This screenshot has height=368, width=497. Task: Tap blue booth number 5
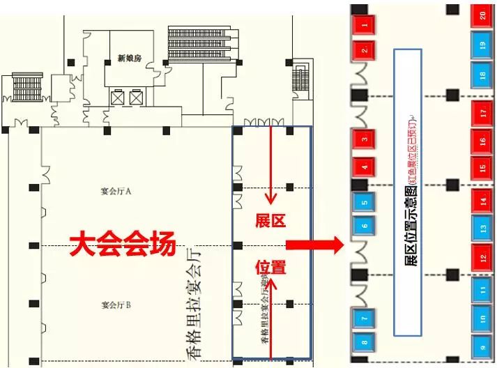click(363, 203)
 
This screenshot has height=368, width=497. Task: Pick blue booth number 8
click(363, 343)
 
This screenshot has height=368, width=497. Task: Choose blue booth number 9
click(482, 346)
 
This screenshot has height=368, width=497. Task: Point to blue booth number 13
click(482, 227)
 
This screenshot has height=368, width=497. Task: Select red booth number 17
click(482, 112)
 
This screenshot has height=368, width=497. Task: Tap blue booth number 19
click(482, 46)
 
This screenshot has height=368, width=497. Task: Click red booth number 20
click(482, 16)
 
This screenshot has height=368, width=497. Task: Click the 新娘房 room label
click(130, 59)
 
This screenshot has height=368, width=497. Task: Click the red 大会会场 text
click(121, 244)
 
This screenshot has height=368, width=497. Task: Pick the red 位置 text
click(270, 268)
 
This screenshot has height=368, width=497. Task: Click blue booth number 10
click(482, 317)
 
